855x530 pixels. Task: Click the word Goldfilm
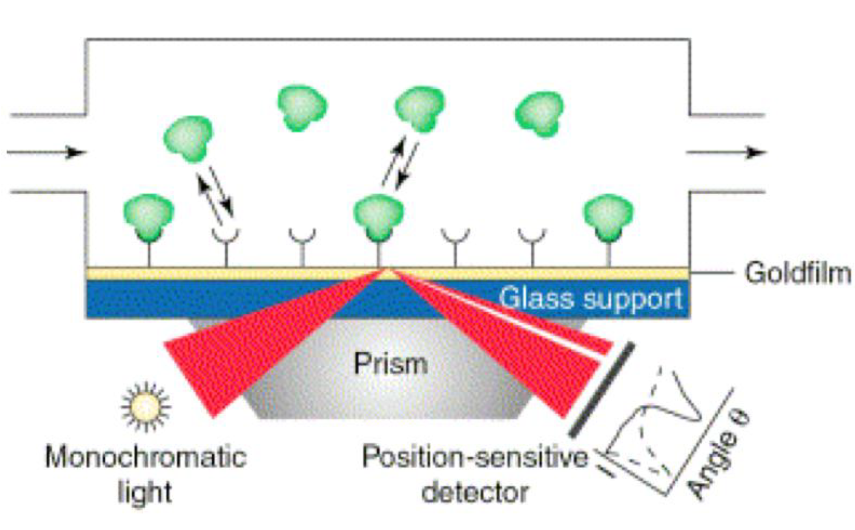point(798,273)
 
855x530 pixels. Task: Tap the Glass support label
point(591,298)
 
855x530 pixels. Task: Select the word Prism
point(390,364)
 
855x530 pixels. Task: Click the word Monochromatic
point(146,457)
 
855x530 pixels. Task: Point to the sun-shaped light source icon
point(146,406)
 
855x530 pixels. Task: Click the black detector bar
point(602,389)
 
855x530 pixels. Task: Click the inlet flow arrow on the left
point(47,152)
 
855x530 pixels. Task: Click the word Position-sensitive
point(474,457)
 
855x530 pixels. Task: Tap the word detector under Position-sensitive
point(474,492)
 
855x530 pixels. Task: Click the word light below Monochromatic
point(145,492)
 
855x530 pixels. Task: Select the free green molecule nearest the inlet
point(188,138)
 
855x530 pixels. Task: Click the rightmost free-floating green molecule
point(539,113)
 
